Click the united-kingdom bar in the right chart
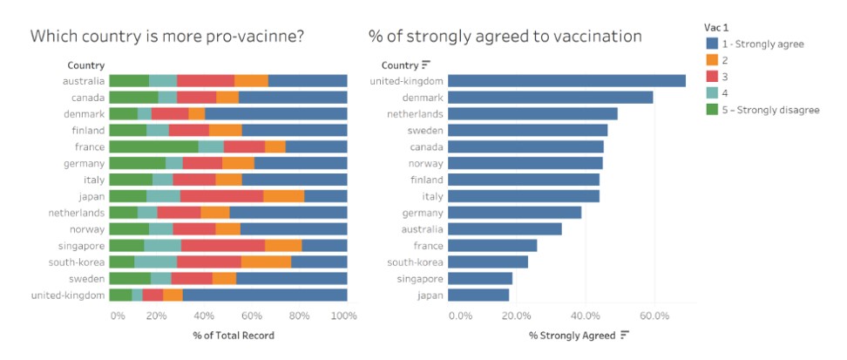[x=566, y=81]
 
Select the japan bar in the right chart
[x=479, y=295]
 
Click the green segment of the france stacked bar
[x=154, y=146]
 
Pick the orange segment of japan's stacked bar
[x=283, y=196]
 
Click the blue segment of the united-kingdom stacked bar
[x=265, y=295]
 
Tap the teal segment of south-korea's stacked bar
[x=155, y=262]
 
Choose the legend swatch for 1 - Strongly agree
[x=711, y=43]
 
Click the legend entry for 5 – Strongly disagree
[x=769, y=109]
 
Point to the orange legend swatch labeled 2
[x=711, y=59]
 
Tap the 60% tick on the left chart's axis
[x=251, y=315]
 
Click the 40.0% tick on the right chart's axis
[x=586, y=315]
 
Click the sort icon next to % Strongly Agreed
[x=625, y=335]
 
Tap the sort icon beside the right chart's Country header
[x=426, y=65]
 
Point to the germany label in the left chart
[x=84, y=163]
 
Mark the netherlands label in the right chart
[x=415, y=113]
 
